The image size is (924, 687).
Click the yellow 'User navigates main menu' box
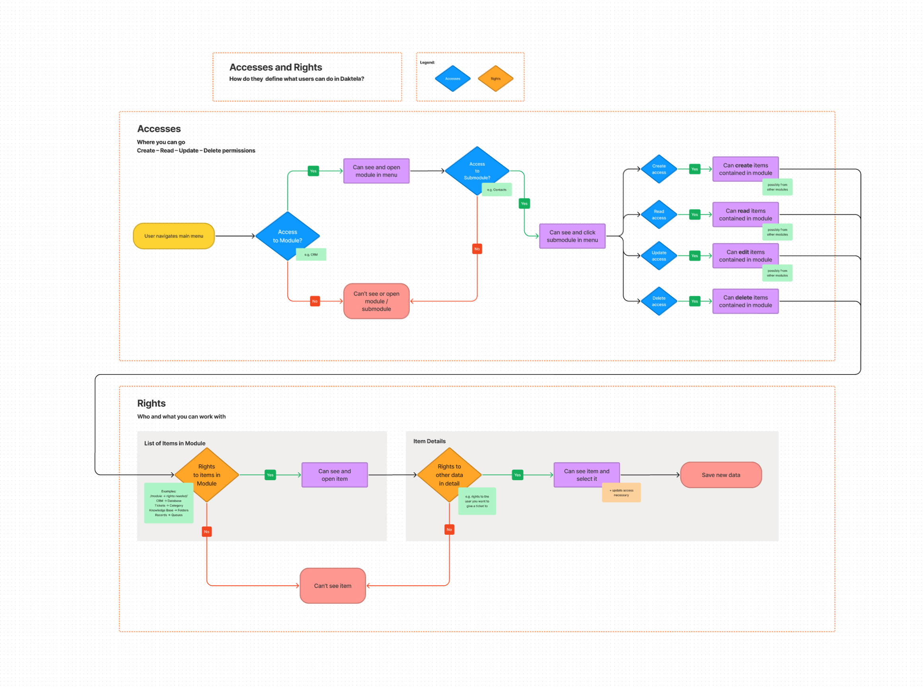pyautogui.click(x=173, y=236)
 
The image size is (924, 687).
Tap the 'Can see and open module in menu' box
pyautogui.click(x=376, y=171)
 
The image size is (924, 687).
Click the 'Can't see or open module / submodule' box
pyautogui.click(x=376, y=301)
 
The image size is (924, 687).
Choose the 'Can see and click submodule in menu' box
pyautogui.click(x=572, y=236)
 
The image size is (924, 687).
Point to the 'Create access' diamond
pyautogui.click(x=659, y=169)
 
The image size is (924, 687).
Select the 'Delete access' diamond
pyautogui.click(x=659, y=301)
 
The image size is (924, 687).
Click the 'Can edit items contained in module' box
pyautogui.click(x=745, y=256)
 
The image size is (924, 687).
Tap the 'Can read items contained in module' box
pyautogui.click(x=745, y=215)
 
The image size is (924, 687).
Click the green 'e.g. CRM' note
pyautogui.click(x=311, y=254)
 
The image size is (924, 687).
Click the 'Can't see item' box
pyautogui.click(x=333, y=586)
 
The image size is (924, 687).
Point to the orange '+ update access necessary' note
pyautogui.click(x=621, y=493)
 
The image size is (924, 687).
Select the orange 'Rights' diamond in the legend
pyautogui.click(x=495, y=79)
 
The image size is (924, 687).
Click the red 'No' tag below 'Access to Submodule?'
pyautogui.click(x=477, y=249)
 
